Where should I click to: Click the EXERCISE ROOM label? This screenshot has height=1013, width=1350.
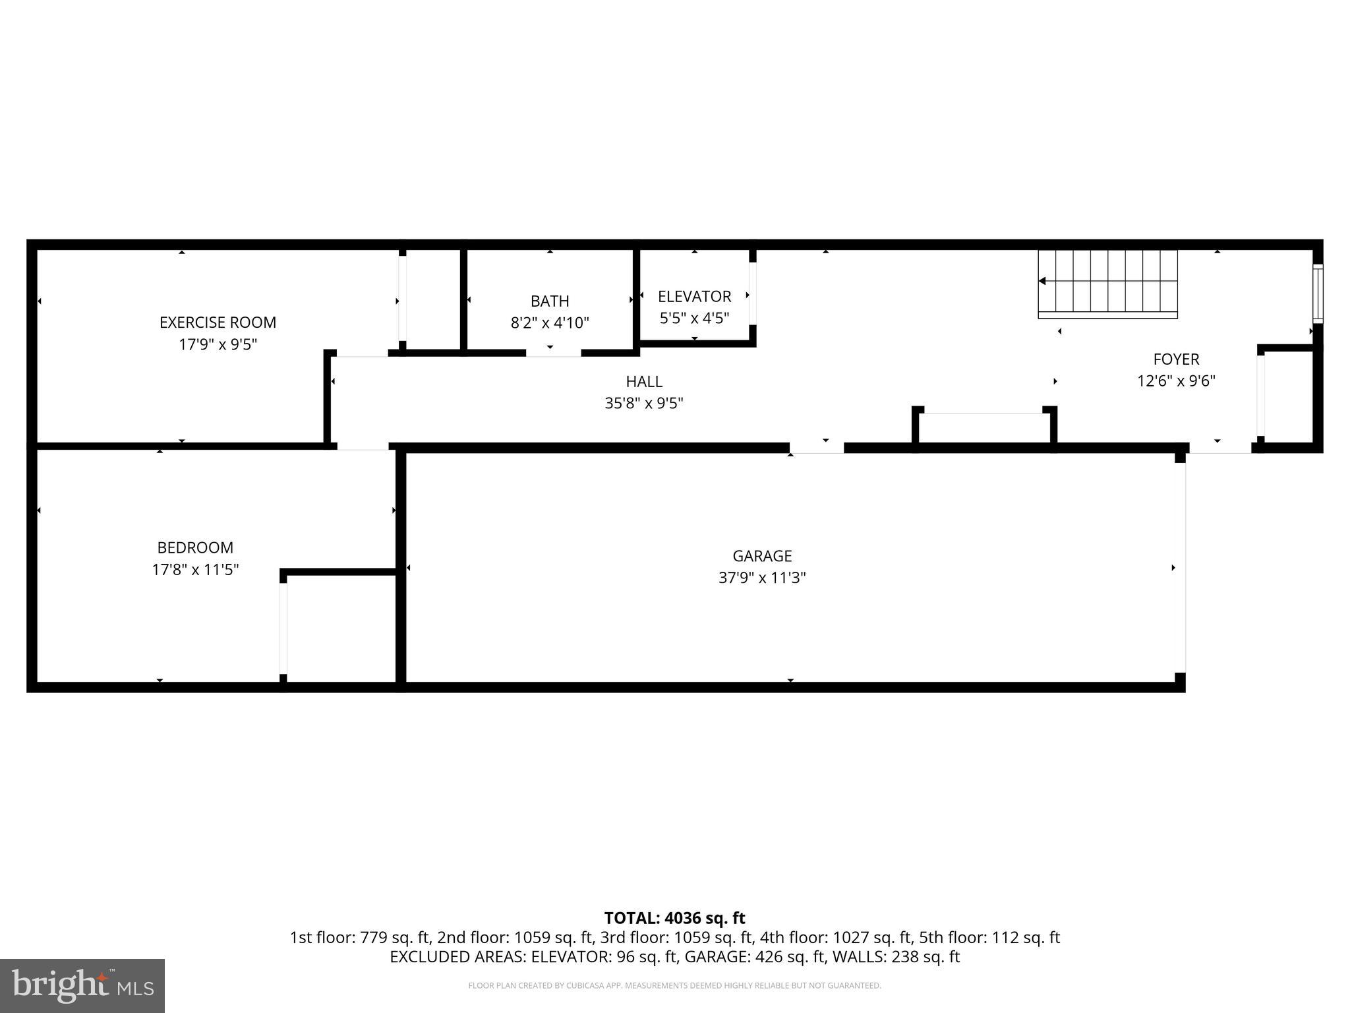(x=218, y=322)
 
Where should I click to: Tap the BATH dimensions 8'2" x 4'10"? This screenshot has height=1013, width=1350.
(x=550, y=323)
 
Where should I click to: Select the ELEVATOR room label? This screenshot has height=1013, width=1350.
(x=694, y=297)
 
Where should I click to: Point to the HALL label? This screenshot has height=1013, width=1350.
(x=644, y=381)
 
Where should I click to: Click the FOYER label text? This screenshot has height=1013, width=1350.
(x=1176, y=359)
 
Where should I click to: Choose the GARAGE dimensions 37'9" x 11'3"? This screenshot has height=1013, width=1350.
(x=762, y=578)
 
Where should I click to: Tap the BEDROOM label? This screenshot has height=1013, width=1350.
(x=195, y=547)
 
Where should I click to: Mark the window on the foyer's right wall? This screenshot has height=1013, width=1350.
(x=1318, y=293)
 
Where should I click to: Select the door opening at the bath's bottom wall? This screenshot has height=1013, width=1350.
(x=553, y=353)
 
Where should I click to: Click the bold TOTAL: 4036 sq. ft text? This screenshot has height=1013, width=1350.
(x=674, y=918)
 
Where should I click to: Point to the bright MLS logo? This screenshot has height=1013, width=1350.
(x=82, y=985)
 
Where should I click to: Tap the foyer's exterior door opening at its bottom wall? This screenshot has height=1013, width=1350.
(x=1220, y=448)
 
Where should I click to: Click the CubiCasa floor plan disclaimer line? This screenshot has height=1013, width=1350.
(x=674, y=986)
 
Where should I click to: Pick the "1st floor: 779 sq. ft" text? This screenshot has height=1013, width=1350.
(x=361, y=937)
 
